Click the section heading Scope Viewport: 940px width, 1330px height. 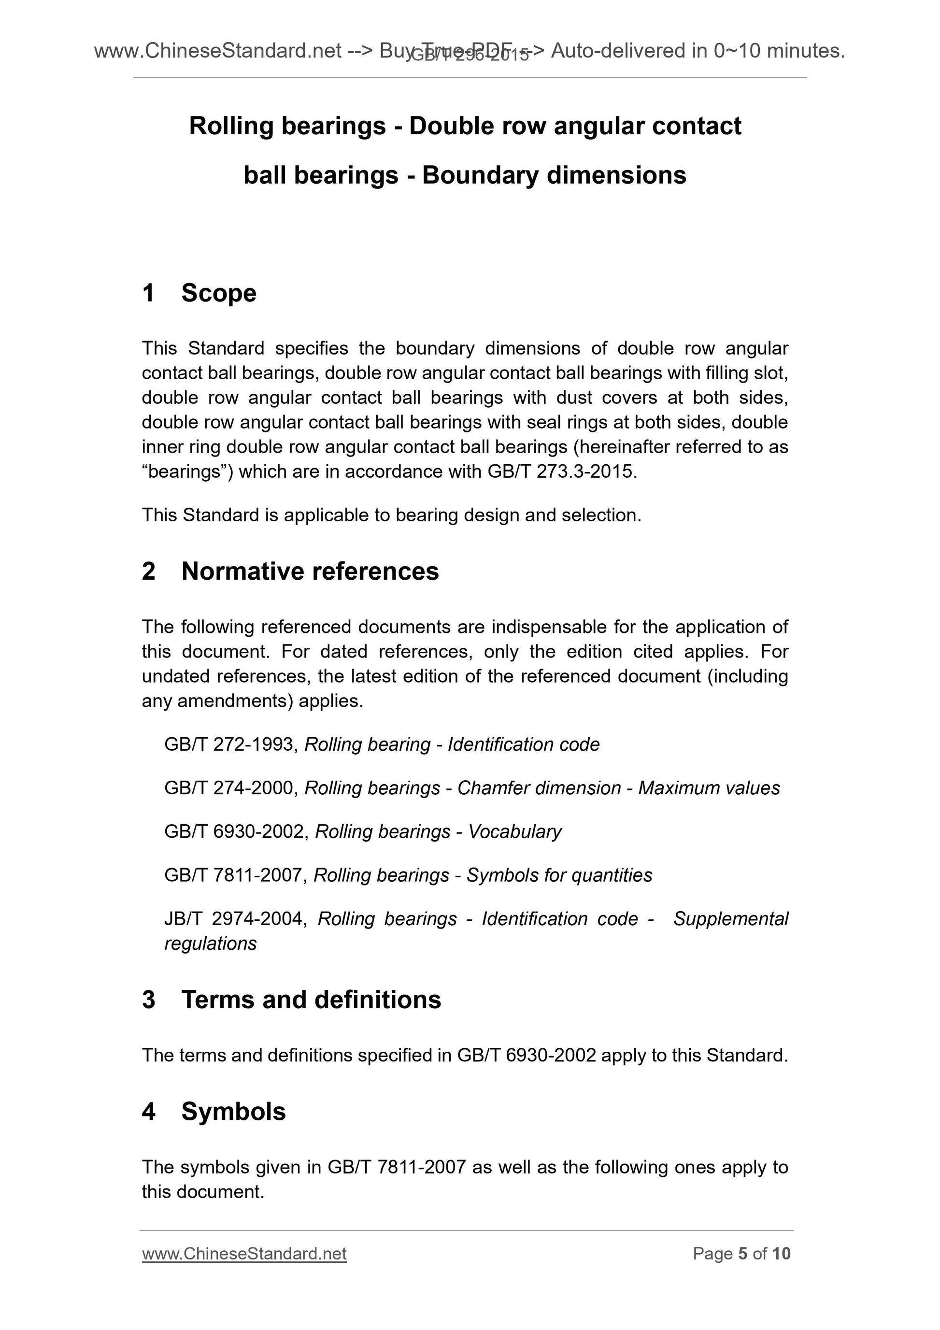pos(218,293)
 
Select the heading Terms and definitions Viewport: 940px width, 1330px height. pos(311,1000)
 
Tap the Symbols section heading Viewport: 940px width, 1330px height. pos(233,1112)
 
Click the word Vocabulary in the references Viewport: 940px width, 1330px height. pos(514,832)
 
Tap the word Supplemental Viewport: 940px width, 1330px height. pos(730,919)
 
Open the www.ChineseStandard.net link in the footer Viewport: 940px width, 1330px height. pos(244,1254)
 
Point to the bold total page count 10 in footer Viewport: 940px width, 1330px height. pos(781,1254)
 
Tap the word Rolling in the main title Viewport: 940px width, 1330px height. pos(230,126)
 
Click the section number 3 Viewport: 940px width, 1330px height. pos(149,1000)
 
